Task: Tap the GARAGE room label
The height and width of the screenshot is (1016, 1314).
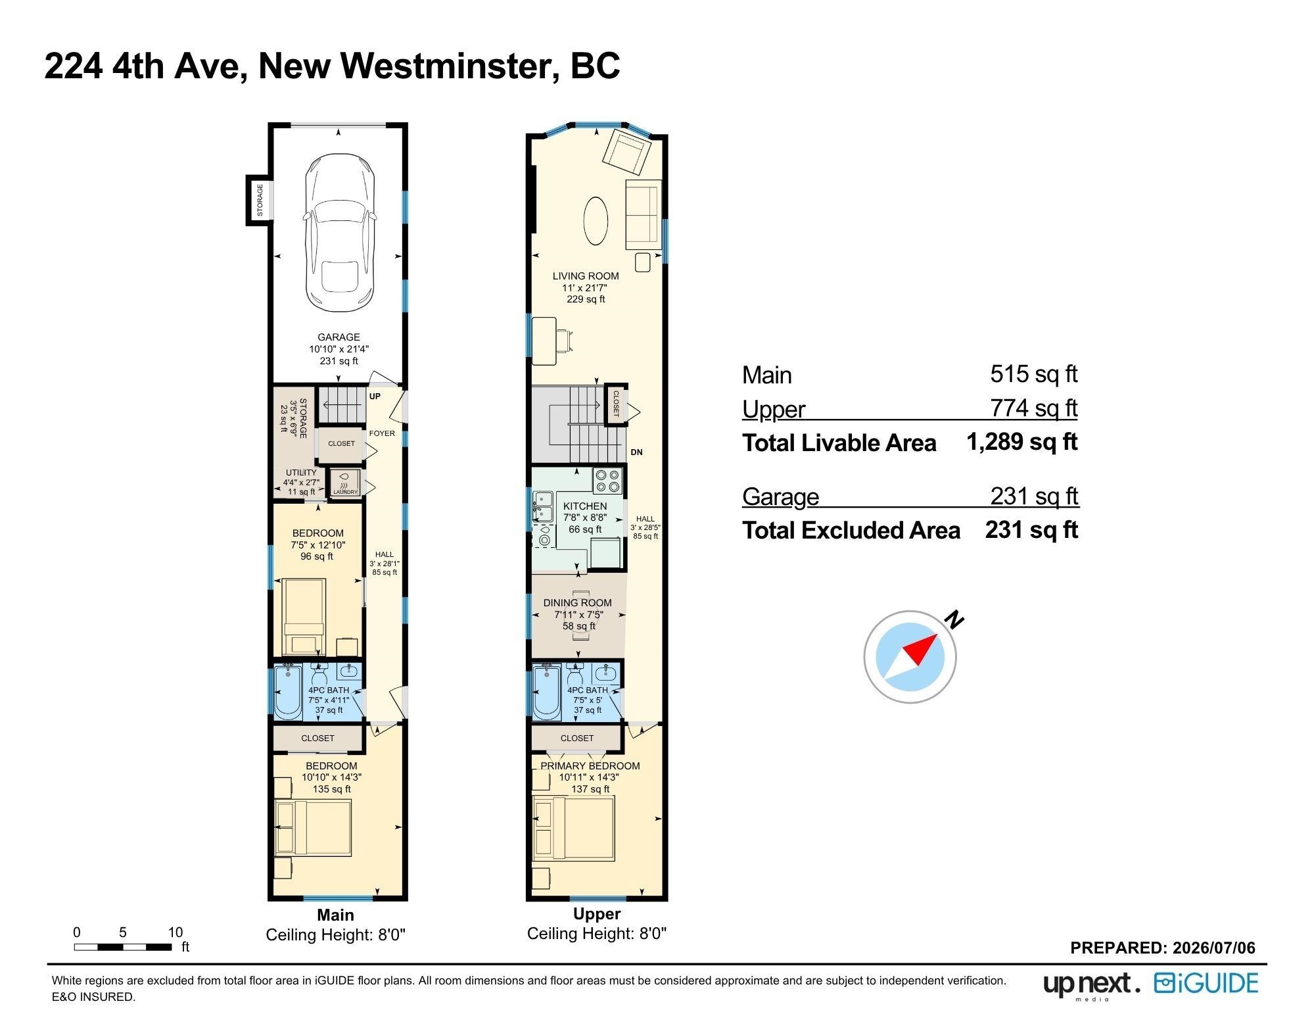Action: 339,337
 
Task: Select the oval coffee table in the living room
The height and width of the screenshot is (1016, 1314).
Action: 596,221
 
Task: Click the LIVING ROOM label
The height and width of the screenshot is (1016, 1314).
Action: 586,276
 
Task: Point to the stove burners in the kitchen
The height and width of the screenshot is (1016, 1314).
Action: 607,481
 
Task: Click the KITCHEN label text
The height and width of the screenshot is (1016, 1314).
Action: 585,506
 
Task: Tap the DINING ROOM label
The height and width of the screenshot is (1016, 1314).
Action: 577,603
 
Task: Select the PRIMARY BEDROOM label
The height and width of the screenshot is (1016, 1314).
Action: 590,766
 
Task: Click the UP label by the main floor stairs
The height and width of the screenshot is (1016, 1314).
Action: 375,397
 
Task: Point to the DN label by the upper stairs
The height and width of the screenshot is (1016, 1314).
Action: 636,452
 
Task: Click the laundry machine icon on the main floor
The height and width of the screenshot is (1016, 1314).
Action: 345,482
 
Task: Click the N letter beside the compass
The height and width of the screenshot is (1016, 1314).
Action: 954,619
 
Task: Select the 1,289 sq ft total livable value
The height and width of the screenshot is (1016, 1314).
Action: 1022,442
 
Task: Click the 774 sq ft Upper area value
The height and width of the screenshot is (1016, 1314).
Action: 1034,408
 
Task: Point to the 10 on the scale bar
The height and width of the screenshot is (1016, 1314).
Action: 175,932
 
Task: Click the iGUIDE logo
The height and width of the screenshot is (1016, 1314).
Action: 1206,984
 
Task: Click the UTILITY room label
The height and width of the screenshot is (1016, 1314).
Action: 301,473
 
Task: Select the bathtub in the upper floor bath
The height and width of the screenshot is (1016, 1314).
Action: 547,692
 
